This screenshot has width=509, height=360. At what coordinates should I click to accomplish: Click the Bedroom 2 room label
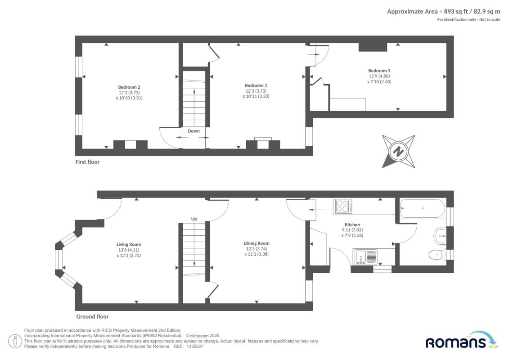pos(129,87)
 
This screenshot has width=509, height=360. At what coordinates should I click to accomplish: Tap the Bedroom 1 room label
pos(256,85)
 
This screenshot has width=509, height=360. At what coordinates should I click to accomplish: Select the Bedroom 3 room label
pos(379,71)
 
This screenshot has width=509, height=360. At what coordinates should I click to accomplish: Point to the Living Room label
pos(129,244)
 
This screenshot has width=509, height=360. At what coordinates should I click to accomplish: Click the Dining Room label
pos(257,243)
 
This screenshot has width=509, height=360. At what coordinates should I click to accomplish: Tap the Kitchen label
pos(352,225)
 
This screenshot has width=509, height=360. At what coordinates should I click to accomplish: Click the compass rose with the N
pos(399,151)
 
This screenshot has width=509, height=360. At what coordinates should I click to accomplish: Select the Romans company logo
pos(461,340)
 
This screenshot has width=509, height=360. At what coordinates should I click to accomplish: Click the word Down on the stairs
pos(194,131)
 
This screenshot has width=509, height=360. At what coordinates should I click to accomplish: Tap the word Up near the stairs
pos(194,219)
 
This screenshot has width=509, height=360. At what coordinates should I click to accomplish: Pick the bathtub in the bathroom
pos(423,208)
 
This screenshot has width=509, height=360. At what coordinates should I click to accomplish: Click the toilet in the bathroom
pos(437,255)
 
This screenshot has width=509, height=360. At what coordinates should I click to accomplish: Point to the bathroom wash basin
pos(440,236)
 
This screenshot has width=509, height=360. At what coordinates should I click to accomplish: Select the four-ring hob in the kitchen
pos(343,206)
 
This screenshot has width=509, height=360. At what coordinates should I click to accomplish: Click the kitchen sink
pos(365,257)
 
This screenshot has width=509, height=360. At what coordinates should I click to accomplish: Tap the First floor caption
pos(87,162)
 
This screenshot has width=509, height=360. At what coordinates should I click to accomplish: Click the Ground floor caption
pos(92,316)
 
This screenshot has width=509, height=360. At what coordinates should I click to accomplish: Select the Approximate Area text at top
pos(443,12)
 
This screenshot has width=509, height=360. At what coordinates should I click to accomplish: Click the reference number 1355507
pos(195,346)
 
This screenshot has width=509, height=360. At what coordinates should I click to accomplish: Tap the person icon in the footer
pos(15,342)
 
